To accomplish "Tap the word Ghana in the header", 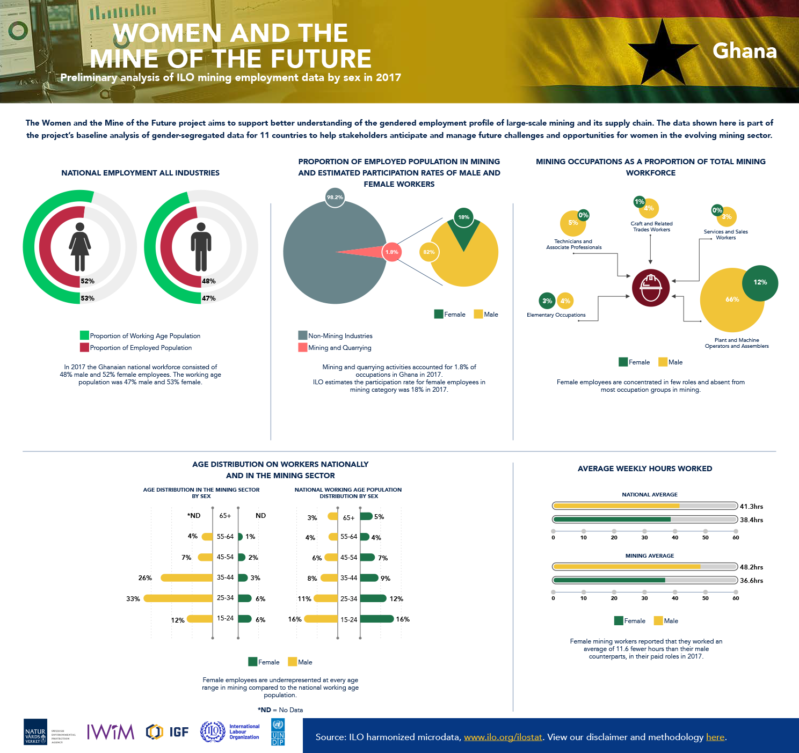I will click(744, 51).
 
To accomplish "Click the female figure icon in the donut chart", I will click(80, 247).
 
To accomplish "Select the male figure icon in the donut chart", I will click(201, 247).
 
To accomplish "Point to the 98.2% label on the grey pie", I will click(335, 198).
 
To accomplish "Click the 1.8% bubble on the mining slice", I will click(392, 252).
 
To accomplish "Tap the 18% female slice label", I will click(463, 217).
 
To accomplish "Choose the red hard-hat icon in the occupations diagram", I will click(651, 288).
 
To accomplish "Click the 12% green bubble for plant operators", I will click(760, 282).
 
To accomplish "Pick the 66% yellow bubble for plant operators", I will click(732, 299).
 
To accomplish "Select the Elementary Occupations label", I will click(556, 315).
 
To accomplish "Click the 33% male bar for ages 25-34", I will click(178, 598).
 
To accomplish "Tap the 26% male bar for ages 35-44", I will click(187, 578).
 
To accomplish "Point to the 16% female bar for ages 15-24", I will click(377, 619).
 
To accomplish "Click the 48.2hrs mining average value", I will click(751, 567).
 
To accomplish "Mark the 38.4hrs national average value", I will click(751, 520).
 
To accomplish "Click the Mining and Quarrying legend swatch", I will click(302, 348).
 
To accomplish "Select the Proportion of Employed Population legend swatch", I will click(84, 348).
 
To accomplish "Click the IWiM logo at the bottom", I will click(111, 732).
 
